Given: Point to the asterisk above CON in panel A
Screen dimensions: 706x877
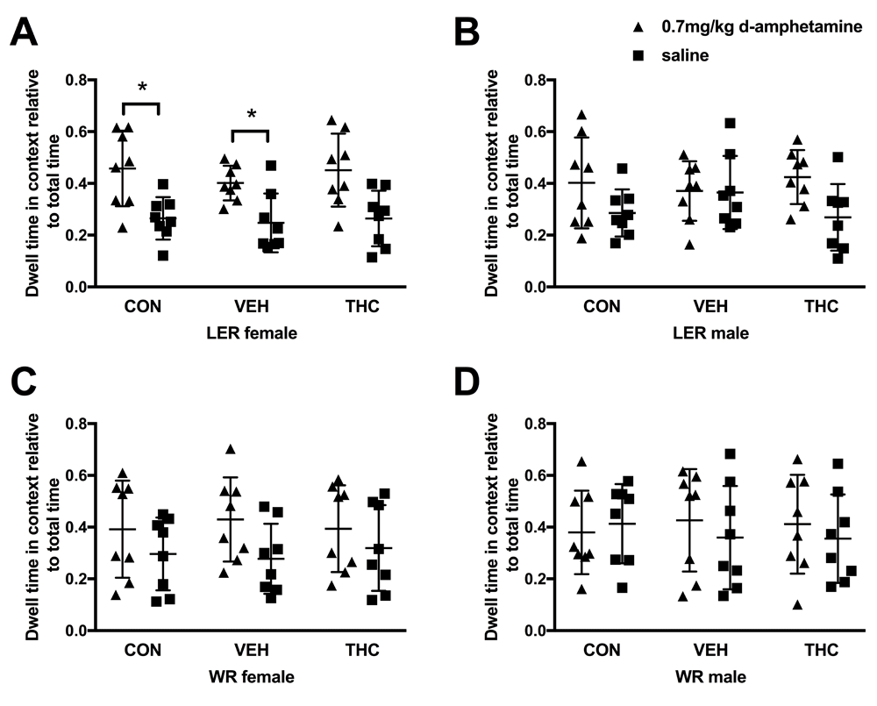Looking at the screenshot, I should click(141, 88).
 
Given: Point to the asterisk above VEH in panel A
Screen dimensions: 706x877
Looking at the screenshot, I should click(252, 115).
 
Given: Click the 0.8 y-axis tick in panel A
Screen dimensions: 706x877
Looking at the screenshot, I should click(83, 81).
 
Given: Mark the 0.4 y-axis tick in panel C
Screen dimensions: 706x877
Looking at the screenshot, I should click(83, 528).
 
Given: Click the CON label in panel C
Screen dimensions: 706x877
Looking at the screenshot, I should click(140, 652).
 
